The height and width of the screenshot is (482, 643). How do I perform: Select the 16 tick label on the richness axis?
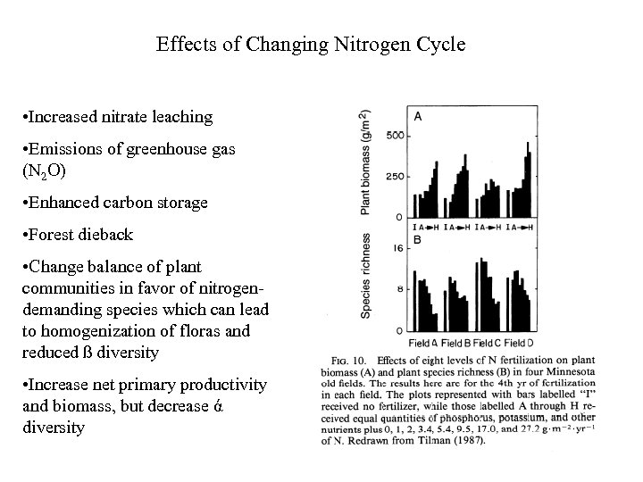(x=399, y=250)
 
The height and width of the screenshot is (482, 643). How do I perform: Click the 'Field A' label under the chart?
(x=422, y=343)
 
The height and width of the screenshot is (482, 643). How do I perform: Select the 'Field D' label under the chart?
(x=520, y=343)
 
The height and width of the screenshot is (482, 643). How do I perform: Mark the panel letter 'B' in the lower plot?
(x=417, y=238)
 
